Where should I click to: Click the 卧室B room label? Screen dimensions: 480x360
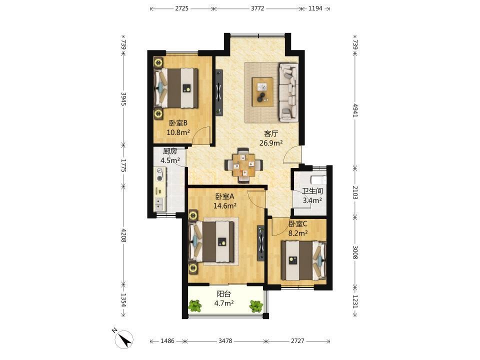click(178, 123)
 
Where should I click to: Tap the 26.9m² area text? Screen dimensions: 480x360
click(271, 142)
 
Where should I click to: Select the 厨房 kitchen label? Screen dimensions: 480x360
click(170, 151)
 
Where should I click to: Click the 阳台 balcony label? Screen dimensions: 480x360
click(224, 294)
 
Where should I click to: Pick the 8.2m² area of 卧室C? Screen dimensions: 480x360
click(298, 233)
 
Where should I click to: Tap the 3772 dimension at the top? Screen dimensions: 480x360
click(257, 8)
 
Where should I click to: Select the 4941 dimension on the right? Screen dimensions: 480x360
click(355, 110)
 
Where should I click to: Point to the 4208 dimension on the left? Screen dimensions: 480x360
click(123, 235)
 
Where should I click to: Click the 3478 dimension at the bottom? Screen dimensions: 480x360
click(225, 340)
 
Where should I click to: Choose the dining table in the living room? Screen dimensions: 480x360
click(243, 165)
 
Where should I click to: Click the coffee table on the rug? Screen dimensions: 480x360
click(262, 92)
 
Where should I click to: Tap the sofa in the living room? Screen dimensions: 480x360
click(288, 91)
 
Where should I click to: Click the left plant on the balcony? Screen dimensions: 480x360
click(194, 305)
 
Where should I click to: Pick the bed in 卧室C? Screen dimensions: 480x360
click(303, 260)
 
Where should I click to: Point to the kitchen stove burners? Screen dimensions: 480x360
click(160, 174)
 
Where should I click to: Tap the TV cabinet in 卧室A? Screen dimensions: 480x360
click(261, 243)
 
